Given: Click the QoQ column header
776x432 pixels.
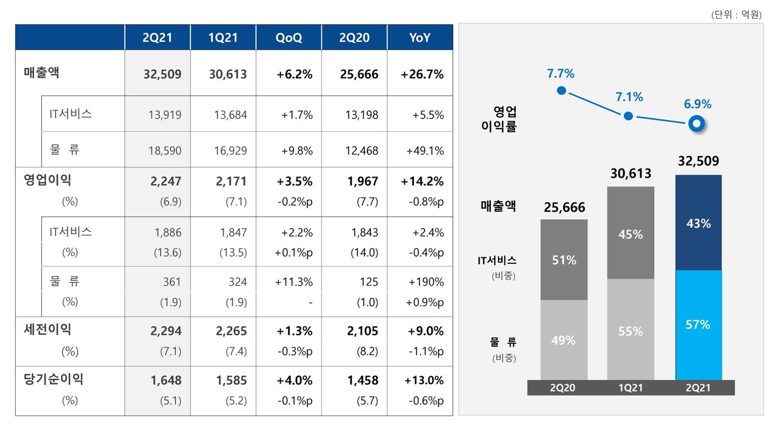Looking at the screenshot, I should [x=289, y=38].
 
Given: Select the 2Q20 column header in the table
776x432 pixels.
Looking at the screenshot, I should [x=354, y=38].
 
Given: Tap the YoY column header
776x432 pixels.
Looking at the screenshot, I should [x=420, y=38].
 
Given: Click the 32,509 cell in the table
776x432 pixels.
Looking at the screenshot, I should [x=161, y=75].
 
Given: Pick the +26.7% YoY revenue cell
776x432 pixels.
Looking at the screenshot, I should [x=422, y=75].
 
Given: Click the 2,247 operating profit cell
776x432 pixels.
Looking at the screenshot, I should [x=166, y=181].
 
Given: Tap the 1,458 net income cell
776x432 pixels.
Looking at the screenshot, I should [x=363, y=380].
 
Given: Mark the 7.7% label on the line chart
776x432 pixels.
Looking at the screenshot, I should [x=560, y=74].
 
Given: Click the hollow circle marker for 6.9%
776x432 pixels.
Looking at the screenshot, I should [x=697, y=124].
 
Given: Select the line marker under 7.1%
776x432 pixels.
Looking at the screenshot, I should [x=629, y=116].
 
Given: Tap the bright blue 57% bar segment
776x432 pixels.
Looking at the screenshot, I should [x=697, y=325].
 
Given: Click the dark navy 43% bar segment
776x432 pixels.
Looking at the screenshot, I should [x=697, y=223].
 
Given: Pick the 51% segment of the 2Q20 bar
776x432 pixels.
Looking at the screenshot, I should [x=563, y=260].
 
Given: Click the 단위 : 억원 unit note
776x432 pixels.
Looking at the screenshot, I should [x=737, y=15].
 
